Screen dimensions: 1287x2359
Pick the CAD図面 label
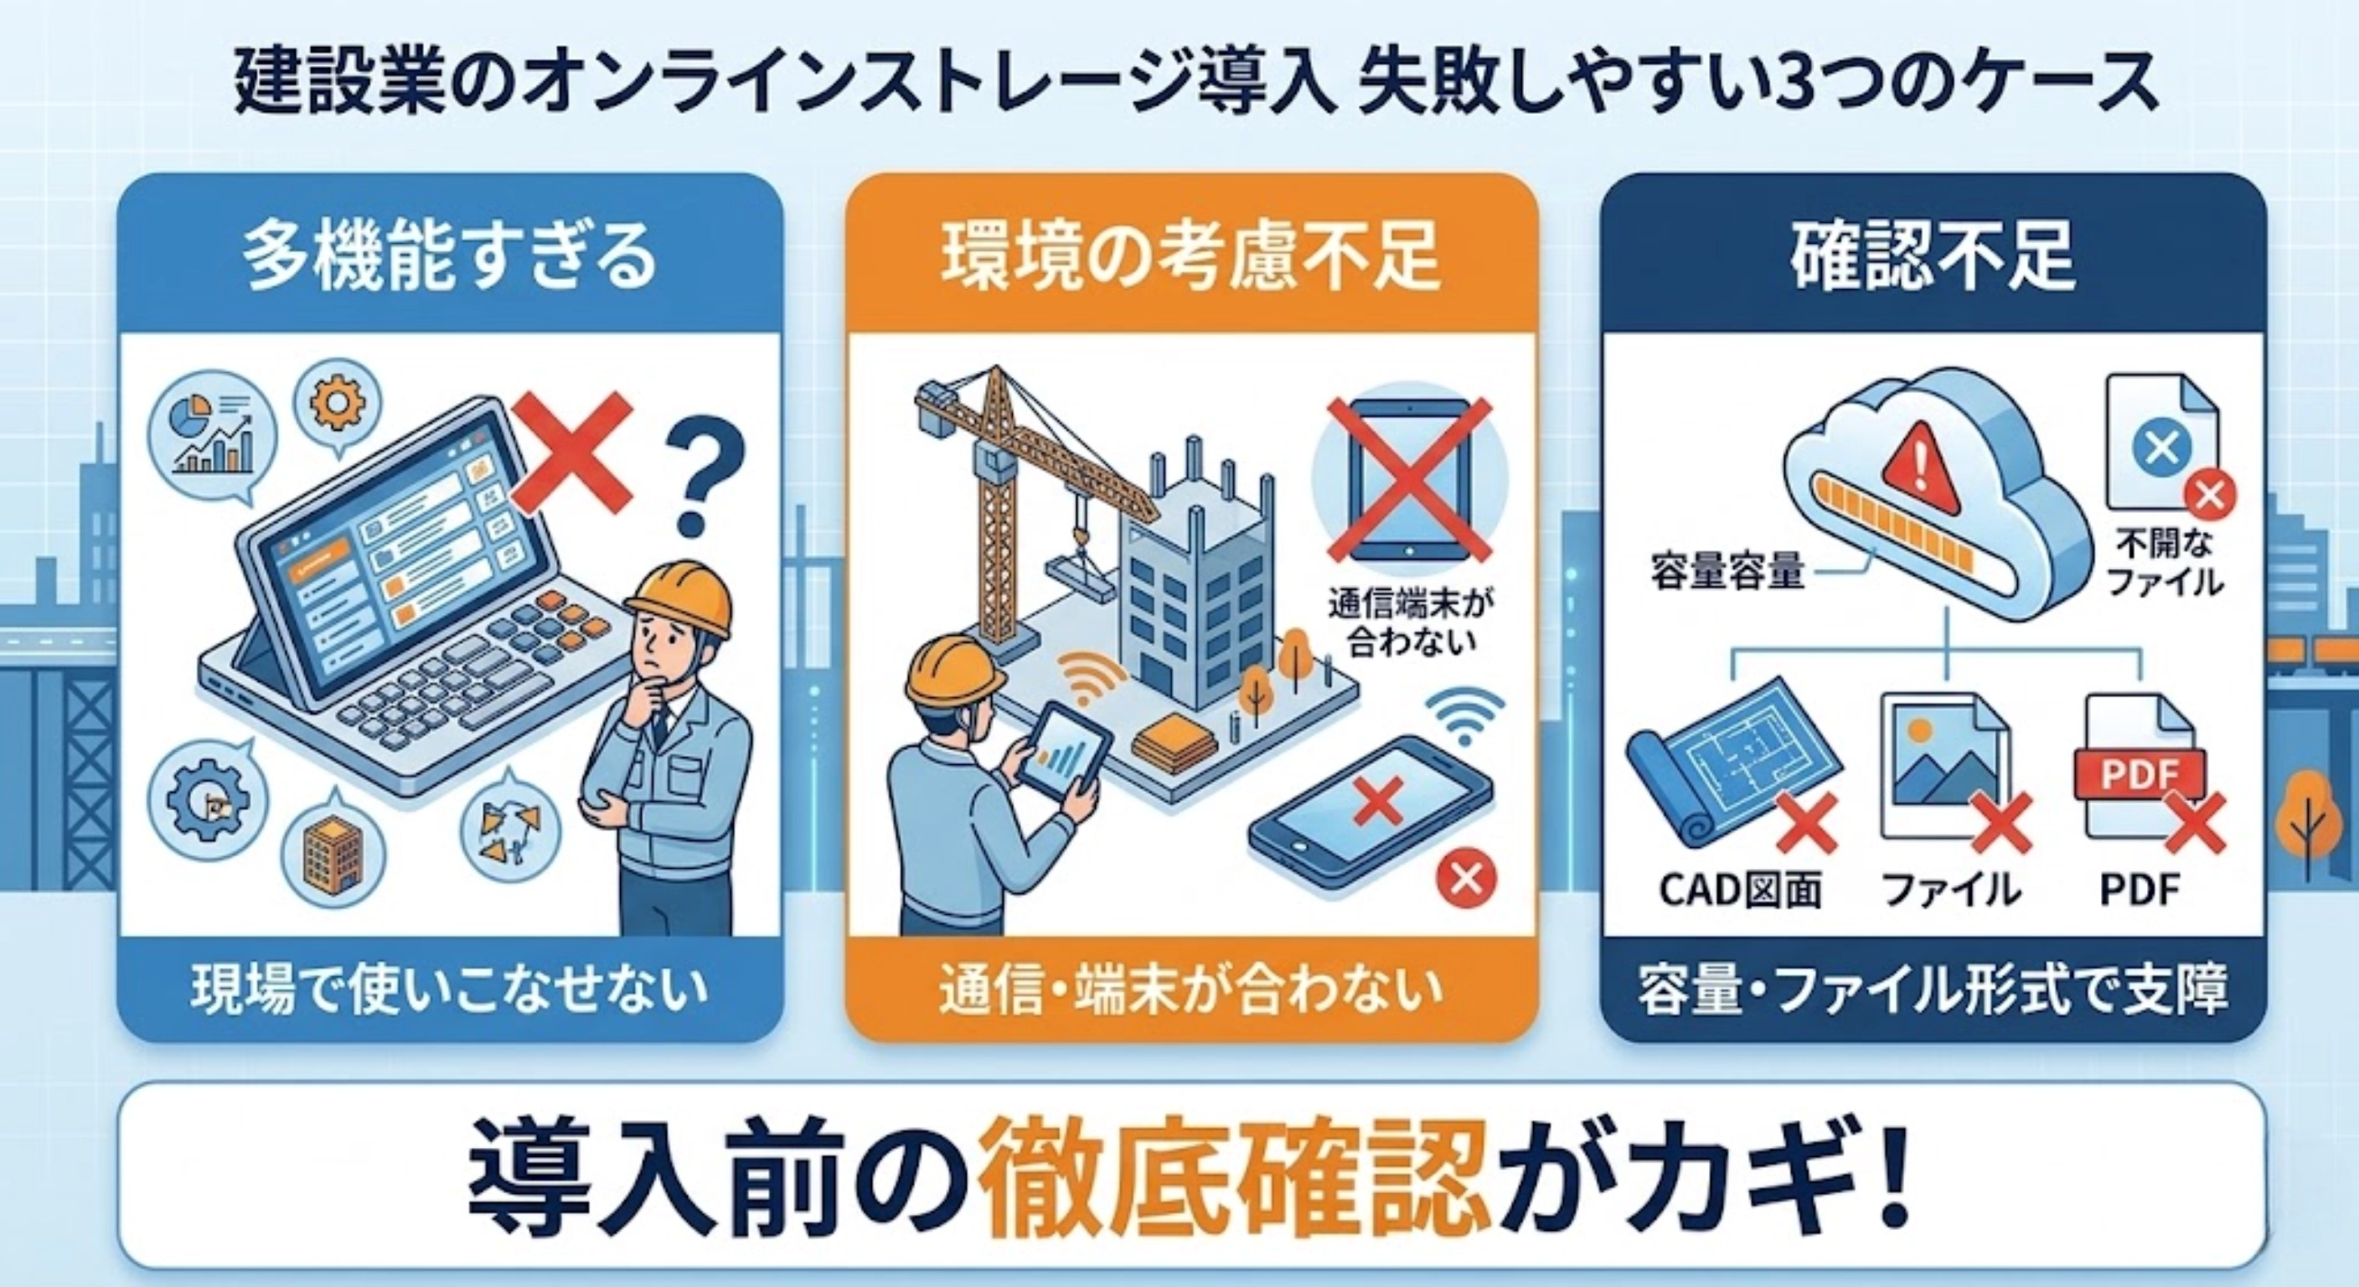pyautogui.click(x=1740, y=890)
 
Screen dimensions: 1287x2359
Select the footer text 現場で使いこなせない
pyautogui.click(x=450, y=992)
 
